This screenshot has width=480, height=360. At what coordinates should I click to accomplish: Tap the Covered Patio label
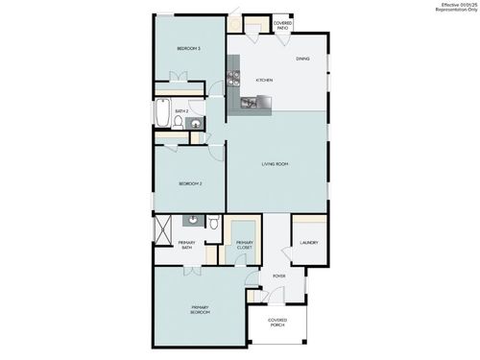tap(282, 26)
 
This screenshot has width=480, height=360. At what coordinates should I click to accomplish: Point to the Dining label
tap(302, 60)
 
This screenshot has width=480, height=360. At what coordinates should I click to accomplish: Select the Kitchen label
tap(264, 80)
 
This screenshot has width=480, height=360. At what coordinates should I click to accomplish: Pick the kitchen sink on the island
tap(252, 101)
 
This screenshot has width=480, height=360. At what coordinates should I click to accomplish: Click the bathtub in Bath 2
tap(162, 114)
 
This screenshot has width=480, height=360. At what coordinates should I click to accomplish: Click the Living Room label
tap(276, 164)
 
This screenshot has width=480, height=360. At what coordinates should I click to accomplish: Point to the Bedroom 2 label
tap(190, 183)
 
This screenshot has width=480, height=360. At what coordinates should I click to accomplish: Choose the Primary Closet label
tap(245, 246)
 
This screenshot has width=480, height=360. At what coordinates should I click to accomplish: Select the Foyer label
tap(279, 276)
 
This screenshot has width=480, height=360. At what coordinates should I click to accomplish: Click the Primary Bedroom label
tap(199, 310)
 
